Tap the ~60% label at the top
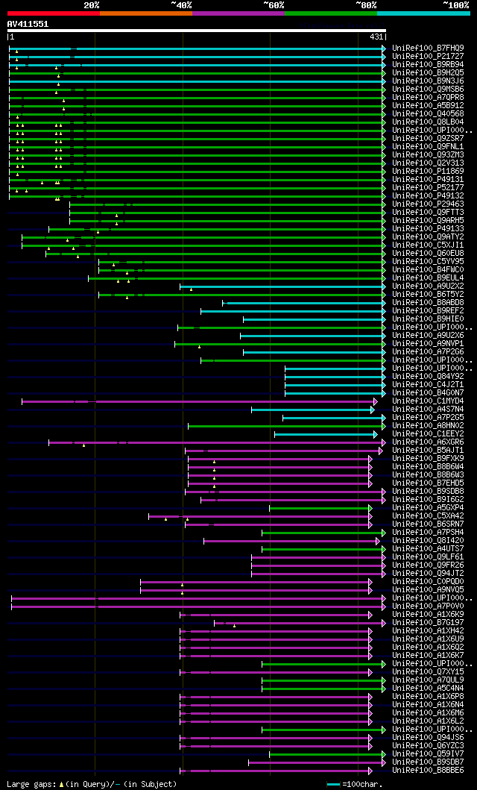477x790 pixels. [274, 4]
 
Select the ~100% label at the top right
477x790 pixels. [456, 4]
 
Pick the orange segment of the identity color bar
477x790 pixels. [145, 13]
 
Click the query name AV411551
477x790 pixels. [28, 24]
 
